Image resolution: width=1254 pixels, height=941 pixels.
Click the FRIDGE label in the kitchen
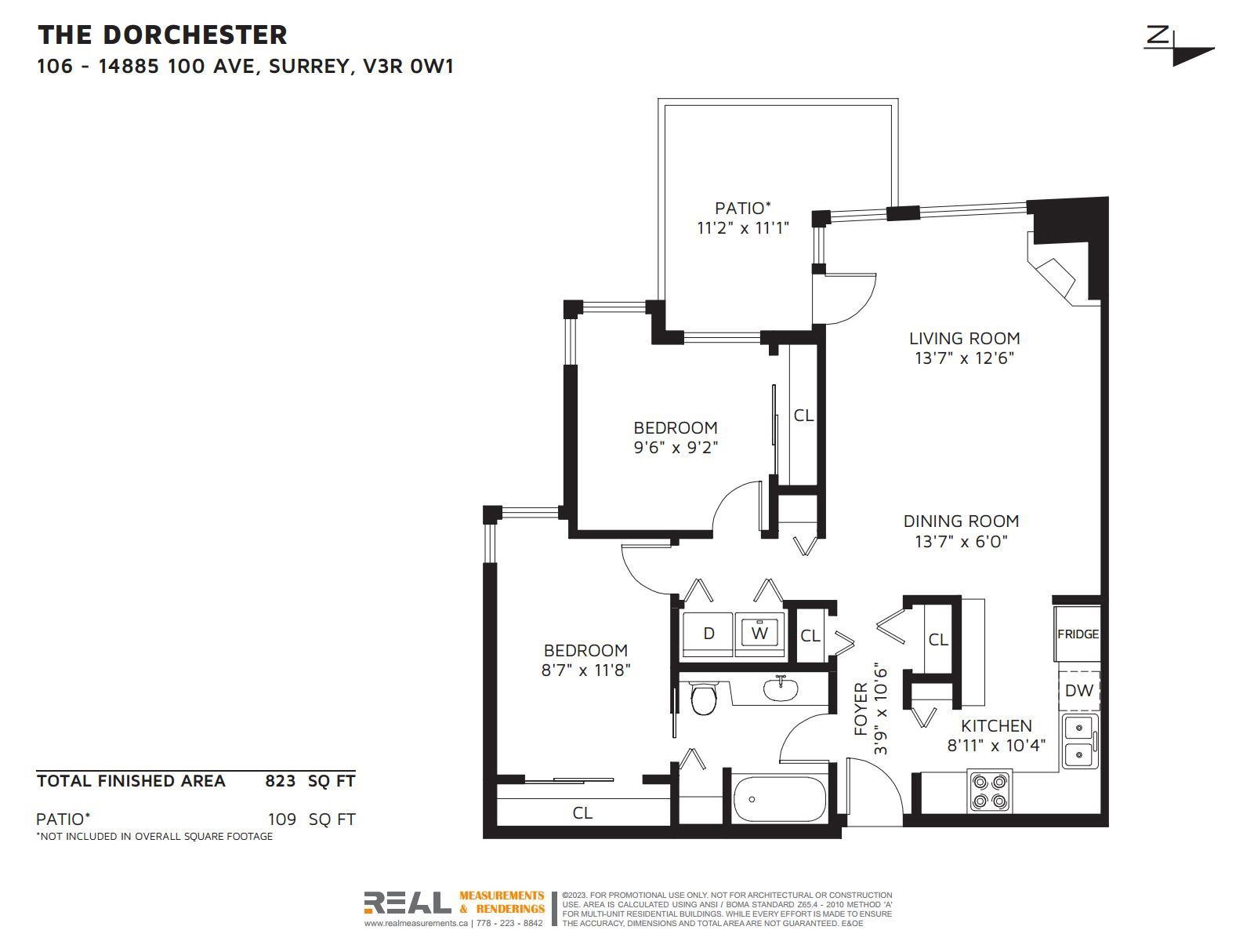point(1078,634)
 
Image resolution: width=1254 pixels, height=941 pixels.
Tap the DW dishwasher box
point(1078,691)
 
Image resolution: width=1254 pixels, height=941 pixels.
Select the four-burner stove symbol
point(990,791)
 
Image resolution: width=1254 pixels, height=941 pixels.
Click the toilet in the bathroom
point(703,698)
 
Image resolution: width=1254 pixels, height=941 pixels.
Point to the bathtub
point(780,799)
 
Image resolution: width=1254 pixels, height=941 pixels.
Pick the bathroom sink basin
point(781,689)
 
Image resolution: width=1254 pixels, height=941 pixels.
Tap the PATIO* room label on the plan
point(743,208)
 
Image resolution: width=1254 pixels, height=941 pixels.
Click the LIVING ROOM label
point(964,338)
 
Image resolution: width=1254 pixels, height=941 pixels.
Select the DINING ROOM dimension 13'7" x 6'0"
point(962,541)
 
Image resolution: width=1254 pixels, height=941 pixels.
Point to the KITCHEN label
point(996,725)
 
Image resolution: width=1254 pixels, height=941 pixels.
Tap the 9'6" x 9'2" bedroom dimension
point(676,447)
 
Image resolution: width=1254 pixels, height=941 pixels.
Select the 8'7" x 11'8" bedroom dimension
point(585,670)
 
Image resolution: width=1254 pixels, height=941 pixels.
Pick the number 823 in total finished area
point(280,781)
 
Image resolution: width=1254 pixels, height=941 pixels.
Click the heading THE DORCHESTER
point(162,35)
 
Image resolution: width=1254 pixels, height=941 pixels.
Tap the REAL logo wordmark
point(408,903)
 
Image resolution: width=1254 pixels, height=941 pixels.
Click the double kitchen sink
point(1080,742)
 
